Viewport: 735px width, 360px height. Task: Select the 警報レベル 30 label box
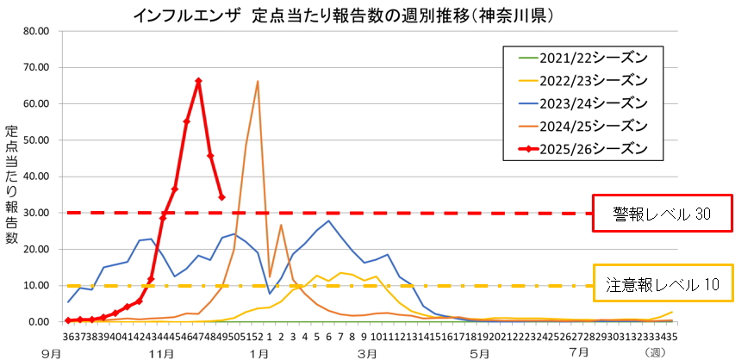[661, 213]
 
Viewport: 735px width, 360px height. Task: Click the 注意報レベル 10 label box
[661, 282]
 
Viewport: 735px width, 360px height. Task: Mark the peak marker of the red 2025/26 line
[198, 81]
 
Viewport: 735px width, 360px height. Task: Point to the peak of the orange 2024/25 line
[258, 81]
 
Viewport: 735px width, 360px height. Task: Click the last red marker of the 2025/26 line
[221, 197]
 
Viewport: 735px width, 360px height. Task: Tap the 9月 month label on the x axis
[51, 352]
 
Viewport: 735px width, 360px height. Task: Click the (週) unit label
[657, 352]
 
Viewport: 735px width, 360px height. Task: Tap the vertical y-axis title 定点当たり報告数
[12, 185]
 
